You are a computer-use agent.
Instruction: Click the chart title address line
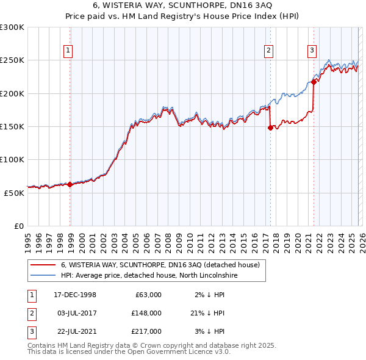coord(182,5)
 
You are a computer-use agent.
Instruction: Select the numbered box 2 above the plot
coord(268,51)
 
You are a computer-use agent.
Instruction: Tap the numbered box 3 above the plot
coord(312,51)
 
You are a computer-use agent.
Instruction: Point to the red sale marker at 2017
coord(270,128)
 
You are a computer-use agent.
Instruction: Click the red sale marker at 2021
coord(314,82)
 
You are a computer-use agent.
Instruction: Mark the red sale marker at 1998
coord(70,184)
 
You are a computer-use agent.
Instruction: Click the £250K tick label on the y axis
coord(12,60)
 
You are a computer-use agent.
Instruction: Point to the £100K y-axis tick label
coord(12,159)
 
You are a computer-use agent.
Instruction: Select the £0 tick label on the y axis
coord(18,226)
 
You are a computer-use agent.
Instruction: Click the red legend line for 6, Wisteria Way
coord(43,265)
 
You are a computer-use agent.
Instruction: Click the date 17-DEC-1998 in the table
coord(74,295)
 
